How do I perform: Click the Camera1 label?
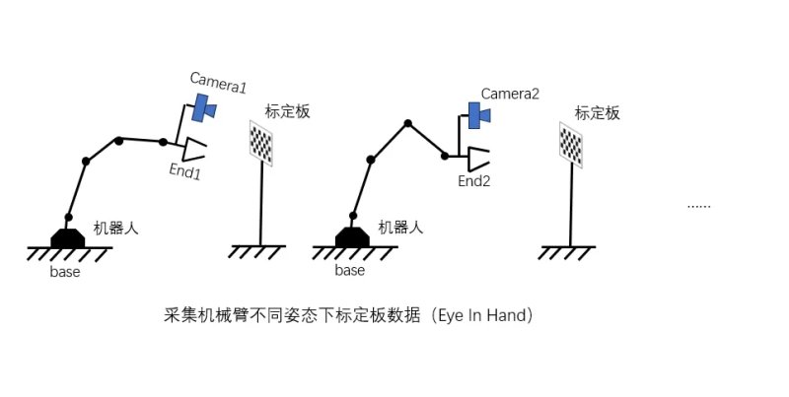coord(218,83)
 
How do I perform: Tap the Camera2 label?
coord(510,94)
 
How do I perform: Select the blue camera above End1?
coord(205,107)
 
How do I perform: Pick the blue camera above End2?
coord(478,115)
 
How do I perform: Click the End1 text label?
coord(185,171)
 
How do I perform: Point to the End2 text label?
coord(474,181)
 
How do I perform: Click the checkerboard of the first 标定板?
coord(261,143)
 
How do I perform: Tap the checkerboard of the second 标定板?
coord(571,145)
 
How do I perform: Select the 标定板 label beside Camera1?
coord(287,111)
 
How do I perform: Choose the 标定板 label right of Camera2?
coord(598,113)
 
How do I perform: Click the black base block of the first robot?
coord(68,238)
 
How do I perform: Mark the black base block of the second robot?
coord(352,237)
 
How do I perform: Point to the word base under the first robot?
coord(65,272)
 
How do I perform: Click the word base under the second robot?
coord(350,270)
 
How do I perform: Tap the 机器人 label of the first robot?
coord(115,229)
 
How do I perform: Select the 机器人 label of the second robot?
coord(400,228)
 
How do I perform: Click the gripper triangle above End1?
coord(193,149)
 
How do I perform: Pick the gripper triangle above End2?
coord(477,159)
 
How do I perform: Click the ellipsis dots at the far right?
coord(699,206)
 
